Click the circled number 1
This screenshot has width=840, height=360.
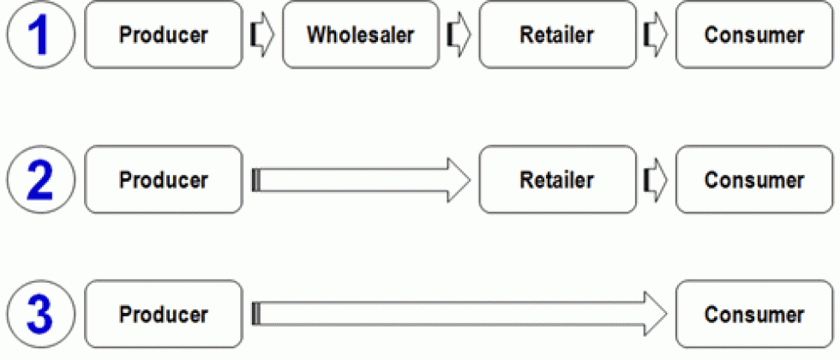[39, 35]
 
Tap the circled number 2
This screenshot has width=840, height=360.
[39, 181]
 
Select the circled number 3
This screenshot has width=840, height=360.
[39, 314]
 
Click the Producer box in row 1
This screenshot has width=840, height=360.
[164, 35]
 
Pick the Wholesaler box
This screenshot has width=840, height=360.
[360, 35]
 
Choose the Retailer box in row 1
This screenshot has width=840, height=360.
[556, 35]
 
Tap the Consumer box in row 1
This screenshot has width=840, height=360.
[753, 35]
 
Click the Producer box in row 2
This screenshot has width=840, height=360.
[164, 181]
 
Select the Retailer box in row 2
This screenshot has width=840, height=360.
[556, 181]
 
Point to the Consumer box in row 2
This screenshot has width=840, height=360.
[753, 181]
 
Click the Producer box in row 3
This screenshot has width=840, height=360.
[164, 314]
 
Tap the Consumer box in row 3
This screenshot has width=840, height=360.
[753, 314]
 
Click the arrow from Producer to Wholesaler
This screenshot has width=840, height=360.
[261, 36]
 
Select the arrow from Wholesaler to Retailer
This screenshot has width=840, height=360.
[459, 36]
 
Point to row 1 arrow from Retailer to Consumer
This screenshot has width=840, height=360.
[655, 36]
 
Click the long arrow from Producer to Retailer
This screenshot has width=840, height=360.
[360, 181]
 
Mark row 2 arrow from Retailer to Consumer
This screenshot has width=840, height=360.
[655, 181]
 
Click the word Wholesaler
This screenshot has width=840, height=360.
[360, 35]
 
